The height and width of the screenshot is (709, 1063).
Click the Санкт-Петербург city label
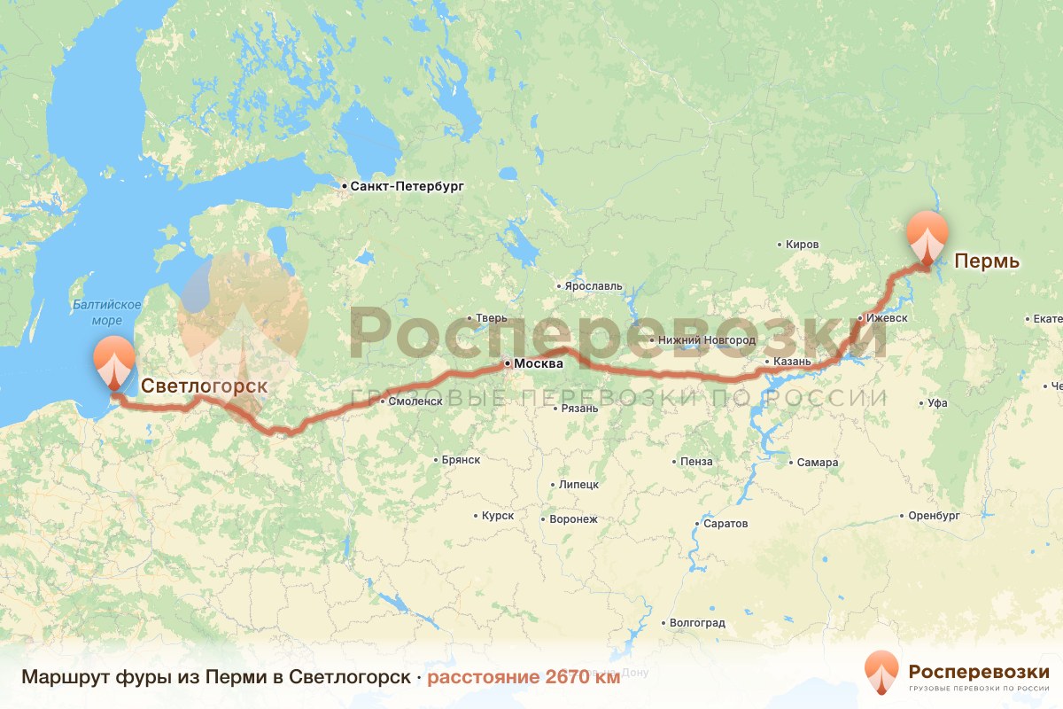click(x=407, y=186)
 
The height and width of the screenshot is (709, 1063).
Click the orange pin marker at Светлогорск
click(x=114, y=362)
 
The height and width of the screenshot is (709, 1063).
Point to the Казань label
click(x=792, y=362)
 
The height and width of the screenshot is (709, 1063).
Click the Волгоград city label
click(x=697, y=623)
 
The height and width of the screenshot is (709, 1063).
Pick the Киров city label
click(x=803, y=244)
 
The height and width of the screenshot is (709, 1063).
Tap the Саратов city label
click(x=725, y=523)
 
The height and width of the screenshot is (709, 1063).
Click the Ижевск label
click(x=887, y=317)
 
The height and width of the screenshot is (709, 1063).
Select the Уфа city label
click(x=937, y=403)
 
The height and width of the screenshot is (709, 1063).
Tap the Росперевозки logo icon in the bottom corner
click(x=881, y=671)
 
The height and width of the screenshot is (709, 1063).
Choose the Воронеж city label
click(x=574, y=519)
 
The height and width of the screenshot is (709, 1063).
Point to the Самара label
click(x=817, y=463)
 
